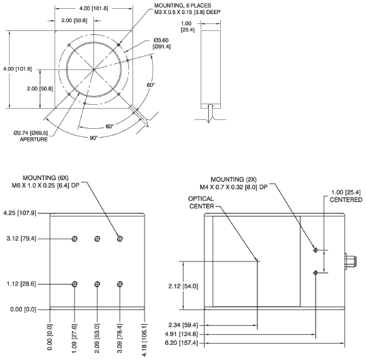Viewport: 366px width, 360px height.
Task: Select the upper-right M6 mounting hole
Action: click(119, 239)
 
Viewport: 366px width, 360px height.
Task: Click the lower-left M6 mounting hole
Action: click(75, 284)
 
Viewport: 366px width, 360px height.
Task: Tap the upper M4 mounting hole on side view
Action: click(316, 251)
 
